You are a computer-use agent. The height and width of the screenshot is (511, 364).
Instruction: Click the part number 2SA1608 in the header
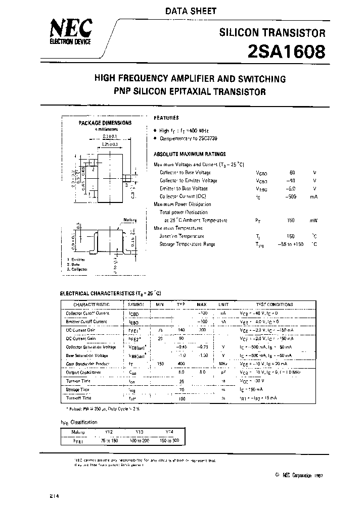pos(286,52)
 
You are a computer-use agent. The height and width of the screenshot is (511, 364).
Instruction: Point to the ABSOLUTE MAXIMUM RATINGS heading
pos(190,155)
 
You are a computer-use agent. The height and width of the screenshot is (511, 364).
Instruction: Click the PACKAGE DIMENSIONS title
pos(105,123)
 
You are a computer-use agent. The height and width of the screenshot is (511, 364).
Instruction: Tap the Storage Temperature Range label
pos(187,244)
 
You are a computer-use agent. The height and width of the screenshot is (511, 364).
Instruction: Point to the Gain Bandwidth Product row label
pos(89,364)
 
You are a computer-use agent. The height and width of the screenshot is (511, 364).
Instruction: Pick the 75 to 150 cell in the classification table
pos(109,440)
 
